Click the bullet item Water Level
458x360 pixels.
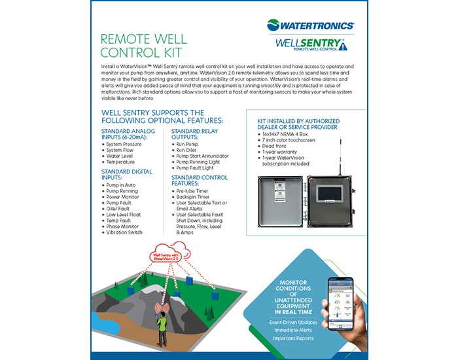125,155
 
